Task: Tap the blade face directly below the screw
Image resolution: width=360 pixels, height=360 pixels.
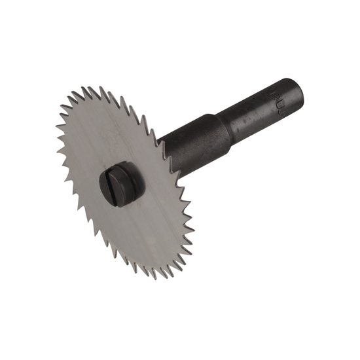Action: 131,229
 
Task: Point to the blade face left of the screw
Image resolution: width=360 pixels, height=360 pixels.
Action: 79,177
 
